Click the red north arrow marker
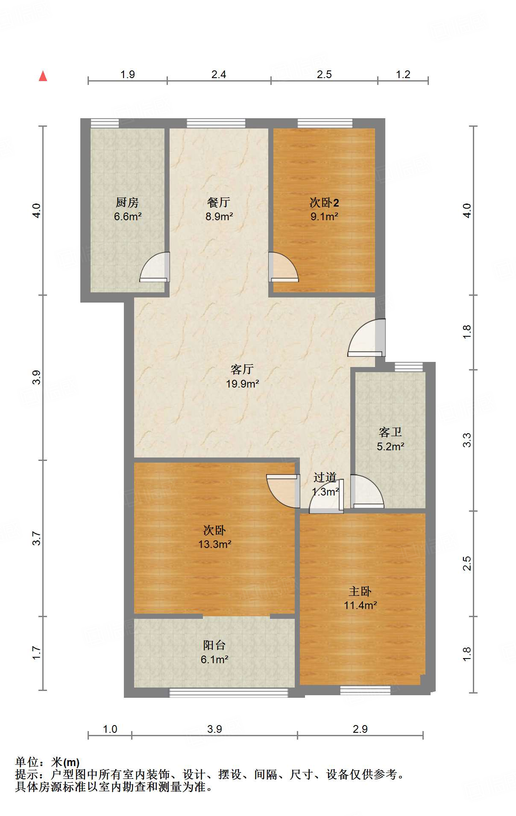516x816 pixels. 43,76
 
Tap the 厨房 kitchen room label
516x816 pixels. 127,202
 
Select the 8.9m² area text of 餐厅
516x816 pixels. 219,216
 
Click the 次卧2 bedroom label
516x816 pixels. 324,202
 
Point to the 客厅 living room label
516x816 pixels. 242,369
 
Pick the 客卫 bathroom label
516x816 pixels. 390,432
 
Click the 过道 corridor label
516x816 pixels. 325,478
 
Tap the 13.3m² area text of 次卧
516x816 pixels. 215,544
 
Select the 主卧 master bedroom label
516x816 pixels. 360,591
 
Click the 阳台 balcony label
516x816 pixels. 214,645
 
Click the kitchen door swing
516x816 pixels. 155,268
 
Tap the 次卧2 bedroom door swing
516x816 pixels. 283,268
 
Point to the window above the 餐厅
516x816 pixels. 216,123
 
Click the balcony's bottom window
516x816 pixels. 229,693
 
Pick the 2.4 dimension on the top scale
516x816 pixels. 219,75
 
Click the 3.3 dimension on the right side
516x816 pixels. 467,440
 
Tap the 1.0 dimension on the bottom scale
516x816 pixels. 110,729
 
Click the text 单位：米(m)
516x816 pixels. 47,762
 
